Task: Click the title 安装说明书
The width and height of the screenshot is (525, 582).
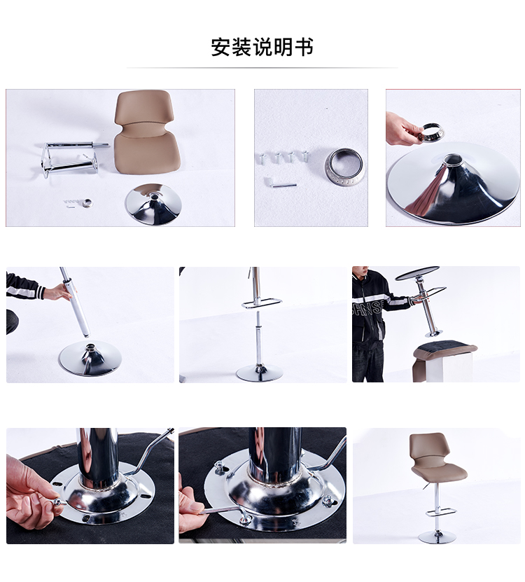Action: point(262,47)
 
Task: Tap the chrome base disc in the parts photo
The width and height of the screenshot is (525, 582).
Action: point(153,204)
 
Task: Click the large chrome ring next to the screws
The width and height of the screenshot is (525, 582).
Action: point(344,167)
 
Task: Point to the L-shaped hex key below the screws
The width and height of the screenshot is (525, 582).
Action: point(280,183)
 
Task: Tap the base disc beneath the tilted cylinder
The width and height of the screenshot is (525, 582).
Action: point(90,358)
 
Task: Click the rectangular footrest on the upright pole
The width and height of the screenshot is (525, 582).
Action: point(262,303)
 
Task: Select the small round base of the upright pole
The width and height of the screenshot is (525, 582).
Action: point(259,373)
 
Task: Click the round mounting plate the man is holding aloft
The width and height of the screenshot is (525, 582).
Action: point(417,273)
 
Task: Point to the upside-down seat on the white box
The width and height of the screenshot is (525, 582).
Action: point(445,351)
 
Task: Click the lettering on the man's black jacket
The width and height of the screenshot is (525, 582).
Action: point(367,307)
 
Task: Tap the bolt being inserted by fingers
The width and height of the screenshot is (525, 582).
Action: point(58,502)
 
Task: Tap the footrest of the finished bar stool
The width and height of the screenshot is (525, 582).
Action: point(440,513)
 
